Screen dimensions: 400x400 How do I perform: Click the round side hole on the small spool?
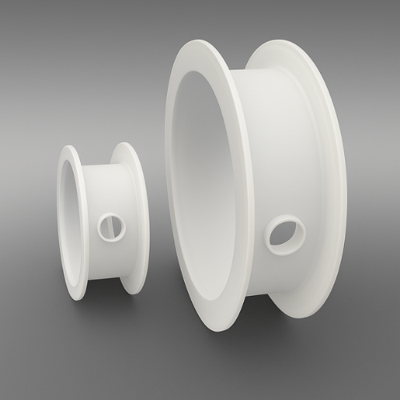[111, 227]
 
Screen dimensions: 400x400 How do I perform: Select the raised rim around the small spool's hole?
[102, 234]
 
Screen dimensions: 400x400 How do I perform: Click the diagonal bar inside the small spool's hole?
[111, 227]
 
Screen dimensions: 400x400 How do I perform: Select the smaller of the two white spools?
[102, 220]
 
